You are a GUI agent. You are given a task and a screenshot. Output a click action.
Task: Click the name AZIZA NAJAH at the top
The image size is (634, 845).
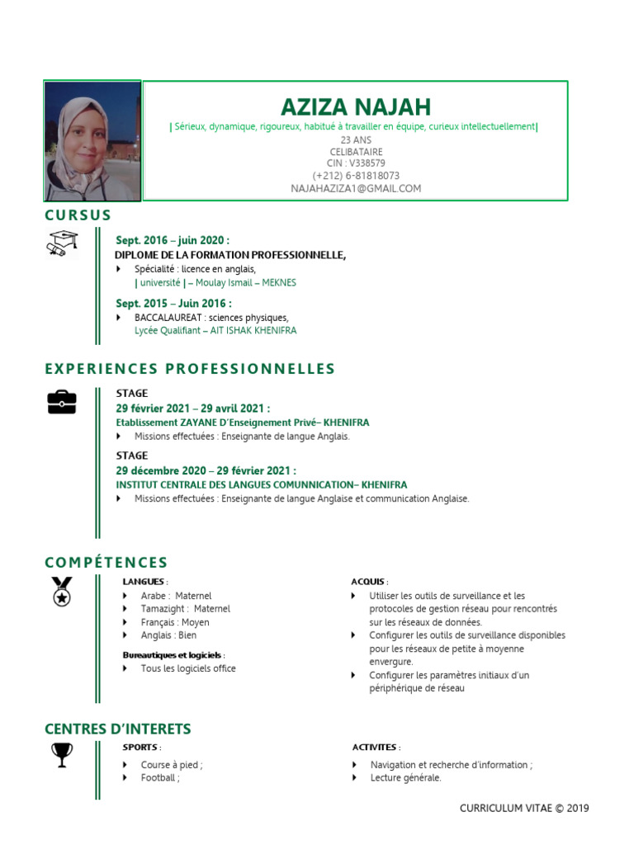click(356, 107)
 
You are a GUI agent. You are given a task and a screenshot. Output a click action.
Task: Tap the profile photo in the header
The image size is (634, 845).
click(92, 141)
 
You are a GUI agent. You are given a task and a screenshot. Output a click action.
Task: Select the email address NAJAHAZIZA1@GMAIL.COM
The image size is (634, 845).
click(356, 188)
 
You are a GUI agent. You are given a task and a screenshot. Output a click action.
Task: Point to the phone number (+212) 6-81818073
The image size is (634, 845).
click(356, 176)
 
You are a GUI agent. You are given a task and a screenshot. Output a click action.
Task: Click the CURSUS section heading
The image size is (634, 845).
click(78, 215)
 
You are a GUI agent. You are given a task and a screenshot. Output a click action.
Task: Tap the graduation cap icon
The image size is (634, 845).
click(61, 244)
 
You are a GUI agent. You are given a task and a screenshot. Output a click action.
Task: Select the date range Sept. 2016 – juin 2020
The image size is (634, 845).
click(173, 240)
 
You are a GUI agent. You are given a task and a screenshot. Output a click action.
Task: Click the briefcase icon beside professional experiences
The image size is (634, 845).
click(62, 401)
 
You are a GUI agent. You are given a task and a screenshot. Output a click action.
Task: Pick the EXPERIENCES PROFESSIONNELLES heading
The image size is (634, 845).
click(190, 369)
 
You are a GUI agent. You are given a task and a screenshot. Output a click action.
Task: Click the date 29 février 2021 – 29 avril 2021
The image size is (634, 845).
click(193, 408)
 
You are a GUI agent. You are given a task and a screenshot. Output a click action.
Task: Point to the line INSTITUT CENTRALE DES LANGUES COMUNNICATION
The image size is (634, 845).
click(261, 485)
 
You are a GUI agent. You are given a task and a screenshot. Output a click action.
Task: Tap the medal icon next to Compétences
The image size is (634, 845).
click(62, 592)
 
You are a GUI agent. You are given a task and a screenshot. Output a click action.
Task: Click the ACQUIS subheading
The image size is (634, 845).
click(368, 582)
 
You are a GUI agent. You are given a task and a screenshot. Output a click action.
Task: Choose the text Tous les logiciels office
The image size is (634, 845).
click(188, 668)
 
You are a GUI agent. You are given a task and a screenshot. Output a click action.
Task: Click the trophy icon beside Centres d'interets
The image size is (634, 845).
click(62, 754)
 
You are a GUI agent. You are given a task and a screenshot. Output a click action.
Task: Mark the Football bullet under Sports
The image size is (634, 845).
click(159, 777)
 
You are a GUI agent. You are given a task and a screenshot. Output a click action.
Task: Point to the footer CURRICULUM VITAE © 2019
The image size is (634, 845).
click(524, 809)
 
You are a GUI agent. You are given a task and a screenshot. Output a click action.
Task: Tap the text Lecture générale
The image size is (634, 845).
click(405, 777)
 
